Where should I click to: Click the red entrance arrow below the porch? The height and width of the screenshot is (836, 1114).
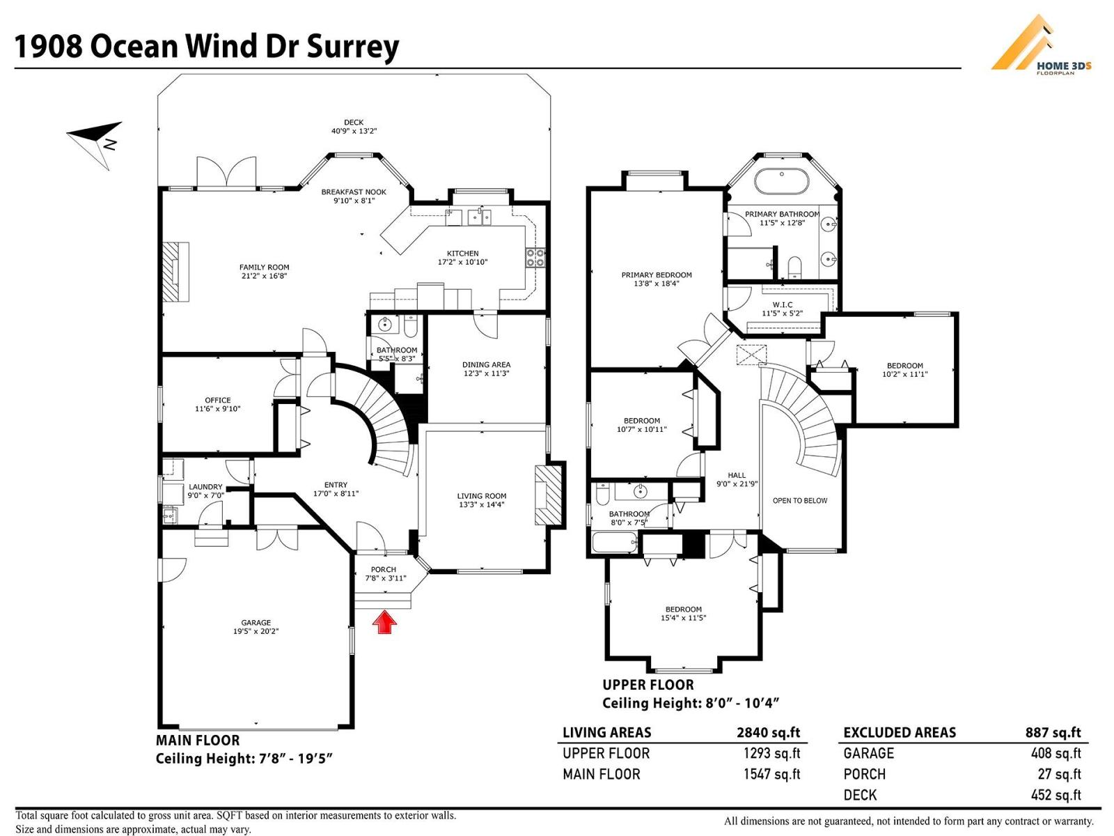pos(384,621)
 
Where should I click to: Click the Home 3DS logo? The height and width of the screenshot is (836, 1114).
pos(1040,45)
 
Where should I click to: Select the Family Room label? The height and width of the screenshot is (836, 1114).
pos(264,268)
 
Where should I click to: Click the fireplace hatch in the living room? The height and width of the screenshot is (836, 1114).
pos(548,494)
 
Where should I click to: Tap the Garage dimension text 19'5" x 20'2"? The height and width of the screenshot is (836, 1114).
pos(256,632)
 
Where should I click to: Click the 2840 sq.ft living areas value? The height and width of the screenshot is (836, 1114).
pos(768,732)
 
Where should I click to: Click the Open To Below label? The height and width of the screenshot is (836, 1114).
pos(800,501)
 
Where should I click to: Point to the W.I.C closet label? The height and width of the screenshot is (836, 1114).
pos(782,305)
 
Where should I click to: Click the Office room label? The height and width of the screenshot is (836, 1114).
pos(217,401)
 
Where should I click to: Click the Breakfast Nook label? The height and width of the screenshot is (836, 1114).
pos(354,192)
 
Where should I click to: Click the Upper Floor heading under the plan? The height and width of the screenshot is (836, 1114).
pos(648,685)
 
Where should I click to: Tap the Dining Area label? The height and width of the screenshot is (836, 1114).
pos(486,365)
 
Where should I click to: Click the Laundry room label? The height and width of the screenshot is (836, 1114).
pos(205,488)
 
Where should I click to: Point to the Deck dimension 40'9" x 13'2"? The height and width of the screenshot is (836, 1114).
pos(354,131)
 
